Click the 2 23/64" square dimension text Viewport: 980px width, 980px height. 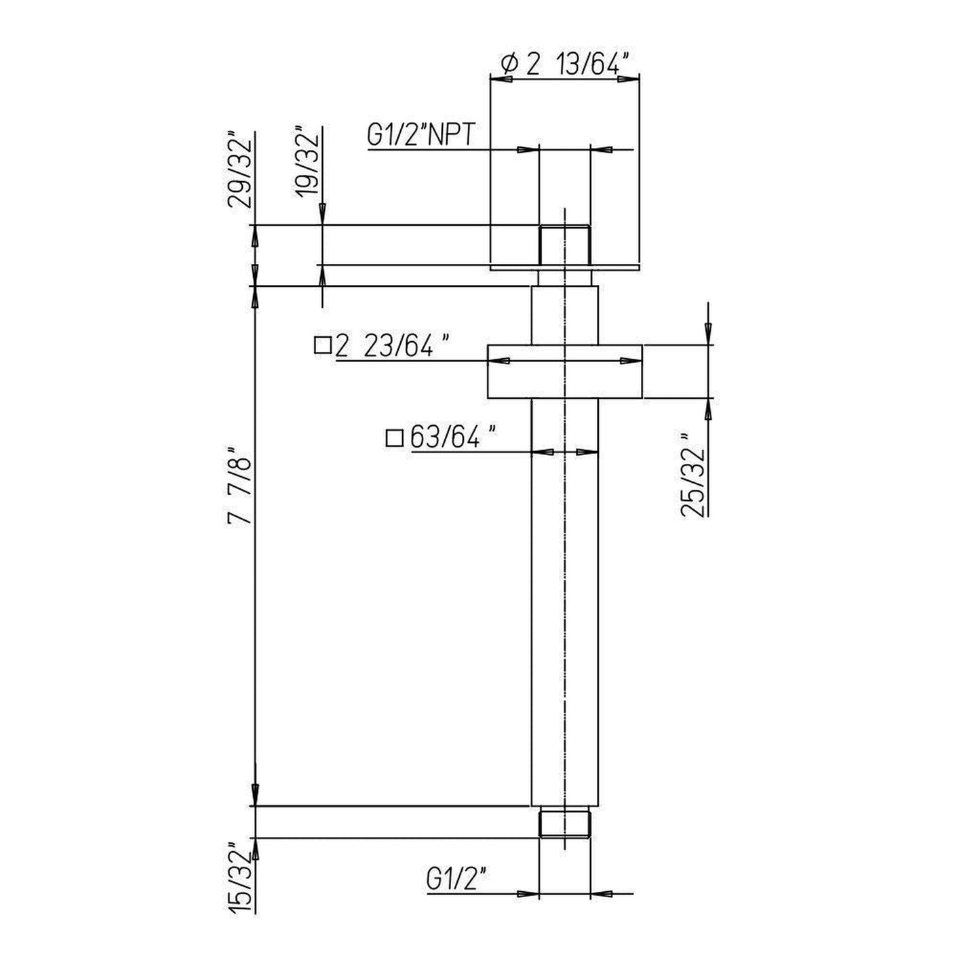392,347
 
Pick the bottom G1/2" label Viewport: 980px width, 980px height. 458,880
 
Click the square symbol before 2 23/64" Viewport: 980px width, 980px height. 324,347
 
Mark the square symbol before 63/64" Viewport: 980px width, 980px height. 394,438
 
